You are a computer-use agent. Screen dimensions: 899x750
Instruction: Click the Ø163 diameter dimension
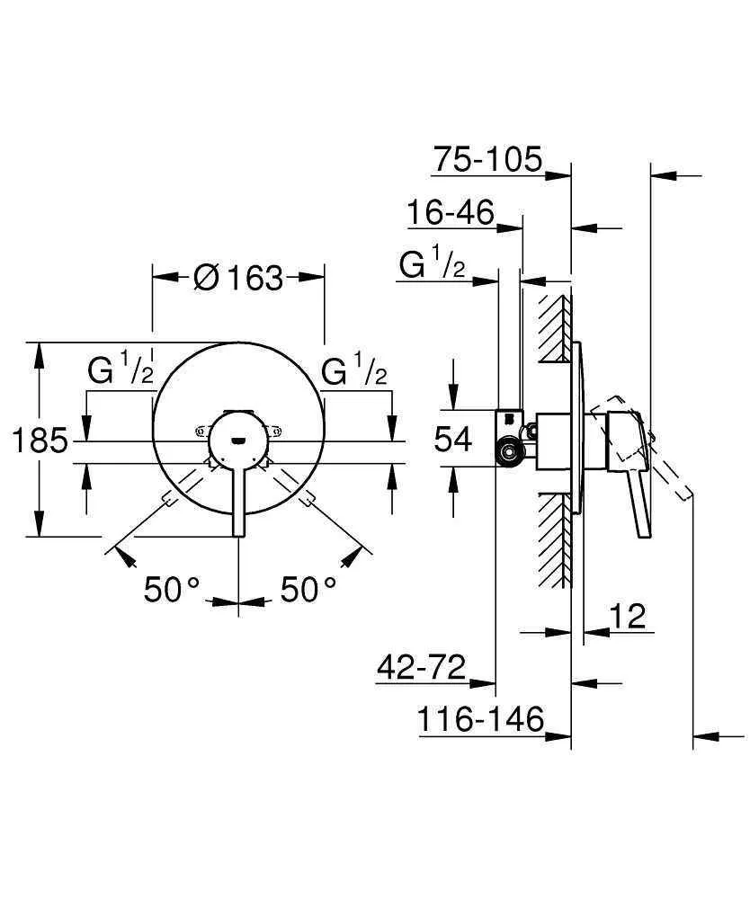click(x=237, y=278)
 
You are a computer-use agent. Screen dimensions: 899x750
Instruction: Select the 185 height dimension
click(x=40, y=441)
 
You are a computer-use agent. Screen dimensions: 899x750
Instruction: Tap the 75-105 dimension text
click(x=487, y=160)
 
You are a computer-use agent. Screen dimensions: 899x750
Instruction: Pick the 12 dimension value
click(x=628, y=617)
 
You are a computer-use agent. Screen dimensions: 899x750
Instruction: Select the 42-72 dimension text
click(x=422, y=668)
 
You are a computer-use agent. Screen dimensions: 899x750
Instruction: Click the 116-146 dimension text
click(x=481, y=719)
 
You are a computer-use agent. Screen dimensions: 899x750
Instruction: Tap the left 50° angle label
click(x=174, y=590)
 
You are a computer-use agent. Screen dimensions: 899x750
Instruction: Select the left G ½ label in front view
click(x=121, y=369)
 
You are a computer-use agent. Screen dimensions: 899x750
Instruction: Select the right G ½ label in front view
click(x=354, y=369)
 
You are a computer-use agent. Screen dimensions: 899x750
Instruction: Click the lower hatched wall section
click(x=556, y=539)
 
